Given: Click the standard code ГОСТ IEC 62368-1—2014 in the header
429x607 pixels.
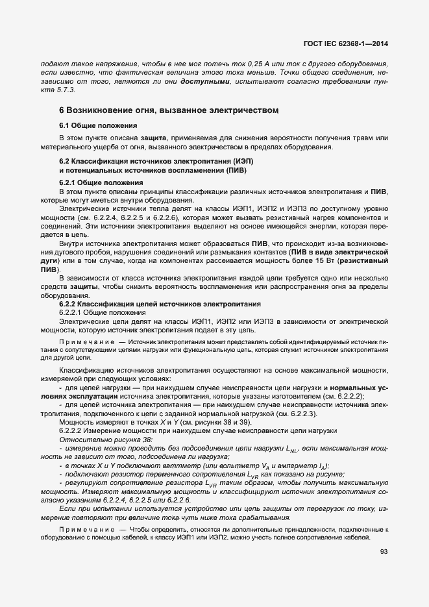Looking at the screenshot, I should (x=349, y=44).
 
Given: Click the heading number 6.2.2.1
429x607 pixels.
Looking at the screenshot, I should (x=73, y=313).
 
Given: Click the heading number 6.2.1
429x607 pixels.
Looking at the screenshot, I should (x=69, y=183).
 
